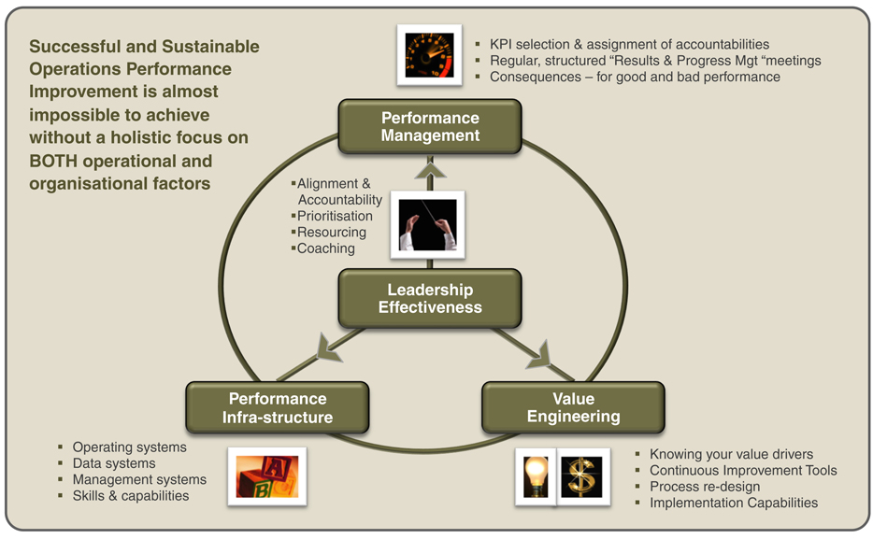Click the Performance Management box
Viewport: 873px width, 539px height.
[x=430, y=126]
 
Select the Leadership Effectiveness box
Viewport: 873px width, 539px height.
[x=430, y=298]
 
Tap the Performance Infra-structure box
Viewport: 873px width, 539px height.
[x=278, y=408]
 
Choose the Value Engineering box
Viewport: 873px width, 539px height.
[x=573, y=407]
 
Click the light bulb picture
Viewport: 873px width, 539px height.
[x=536, y=477]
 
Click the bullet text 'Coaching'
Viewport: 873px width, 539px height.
[x=326, y=248]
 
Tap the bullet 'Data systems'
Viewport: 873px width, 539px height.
[x=114, y=463]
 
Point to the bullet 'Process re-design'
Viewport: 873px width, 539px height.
[x=705, y=487]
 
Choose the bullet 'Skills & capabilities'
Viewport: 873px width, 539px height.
[x=131, y=495]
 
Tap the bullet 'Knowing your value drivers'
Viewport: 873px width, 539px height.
[x=731, y=455]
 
